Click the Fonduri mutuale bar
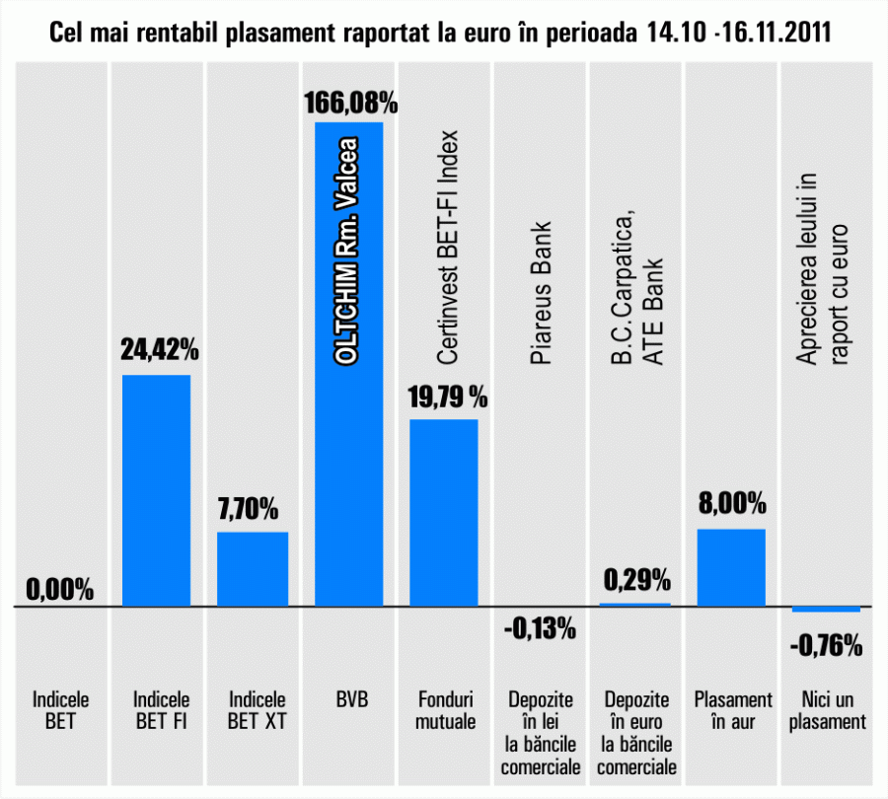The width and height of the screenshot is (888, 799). tap(444, 512)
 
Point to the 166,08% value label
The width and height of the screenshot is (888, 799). tap(349, 103)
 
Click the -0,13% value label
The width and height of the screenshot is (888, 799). tap(541, 628)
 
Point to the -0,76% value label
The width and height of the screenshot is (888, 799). tap(827, 647)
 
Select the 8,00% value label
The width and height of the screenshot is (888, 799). tap(731, 504)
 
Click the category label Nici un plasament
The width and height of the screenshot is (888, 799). tap(827, 711)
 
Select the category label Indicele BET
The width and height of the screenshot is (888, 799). tap(60, 711)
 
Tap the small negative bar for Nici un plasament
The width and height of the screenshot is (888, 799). tap(827, 609)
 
